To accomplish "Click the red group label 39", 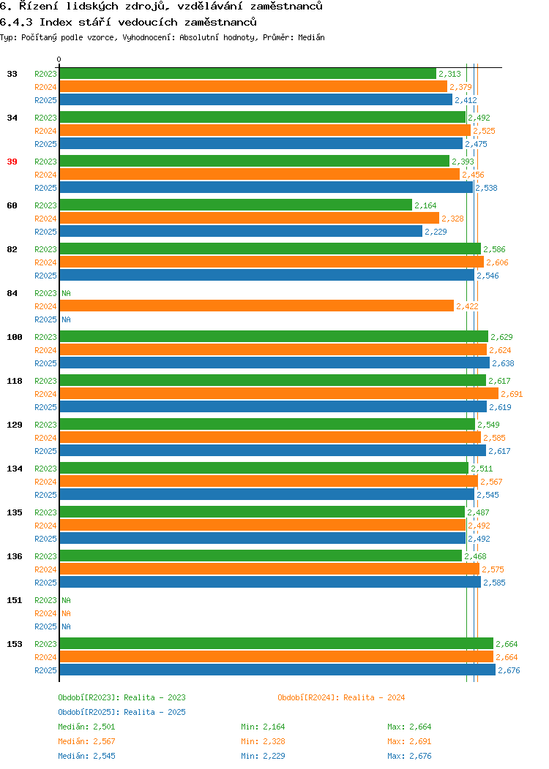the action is coord(12,162).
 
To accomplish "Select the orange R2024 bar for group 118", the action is coord(279,394).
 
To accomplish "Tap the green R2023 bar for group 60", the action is coord(236,205).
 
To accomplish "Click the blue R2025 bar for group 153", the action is coord(277,670).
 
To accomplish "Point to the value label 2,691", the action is coord(512,394).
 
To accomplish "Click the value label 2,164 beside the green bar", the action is coord(425,205).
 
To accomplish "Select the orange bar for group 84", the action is coord(257,306).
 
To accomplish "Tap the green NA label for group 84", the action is coord(67,293).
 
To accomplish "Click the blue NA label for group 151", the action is coord(67,626).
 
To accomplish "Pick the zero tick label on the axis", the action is coord(59,60).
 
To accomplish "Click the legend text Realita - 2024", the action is coord(374,697).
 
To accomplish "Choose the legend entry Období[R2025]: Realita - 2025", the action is coord(122,712).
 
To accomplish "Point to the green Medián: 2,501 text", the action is coord(86,727).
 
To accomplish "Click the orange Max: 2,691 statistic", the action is coord(409,741).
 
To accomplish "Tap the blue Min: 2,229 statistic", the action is coord(263,757).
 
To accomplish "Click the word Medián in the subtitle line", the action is coord(311,37).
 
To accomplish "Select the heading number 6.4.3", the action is coord(16,22).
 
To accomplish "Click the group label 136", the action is coord(14,556).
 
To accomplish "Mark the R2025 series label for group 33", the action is coord(45,100).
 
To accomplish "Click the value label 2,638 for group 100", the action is coord(504,363).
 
